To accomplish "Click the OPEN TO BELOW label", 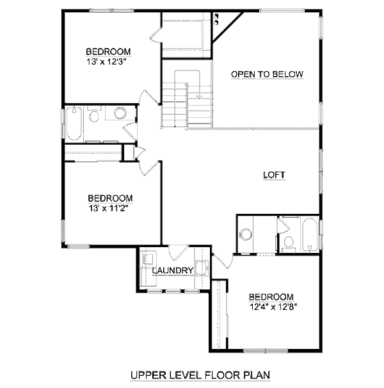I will tap(267, 74).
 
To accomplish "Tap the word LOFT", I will tap(274, 175).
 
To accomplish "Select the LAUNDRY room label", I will tap(173, 271).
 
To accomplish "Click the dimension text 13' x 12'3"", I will tap(108, 61).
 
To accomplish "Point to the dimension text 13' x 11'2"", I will tap(110, 208).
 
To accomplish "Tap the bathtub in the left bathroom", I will tap(74, 124).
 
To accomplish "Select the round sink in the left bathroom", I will tap(120, 114).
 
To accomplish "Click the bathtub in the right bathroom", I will tap(309, 236).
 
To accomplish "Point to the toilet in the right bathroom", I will tap(289, 242).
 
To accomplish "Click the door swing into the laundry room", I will tap(177, 252).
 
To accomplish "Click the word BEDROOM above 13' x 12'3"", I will tap(108, 51).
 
